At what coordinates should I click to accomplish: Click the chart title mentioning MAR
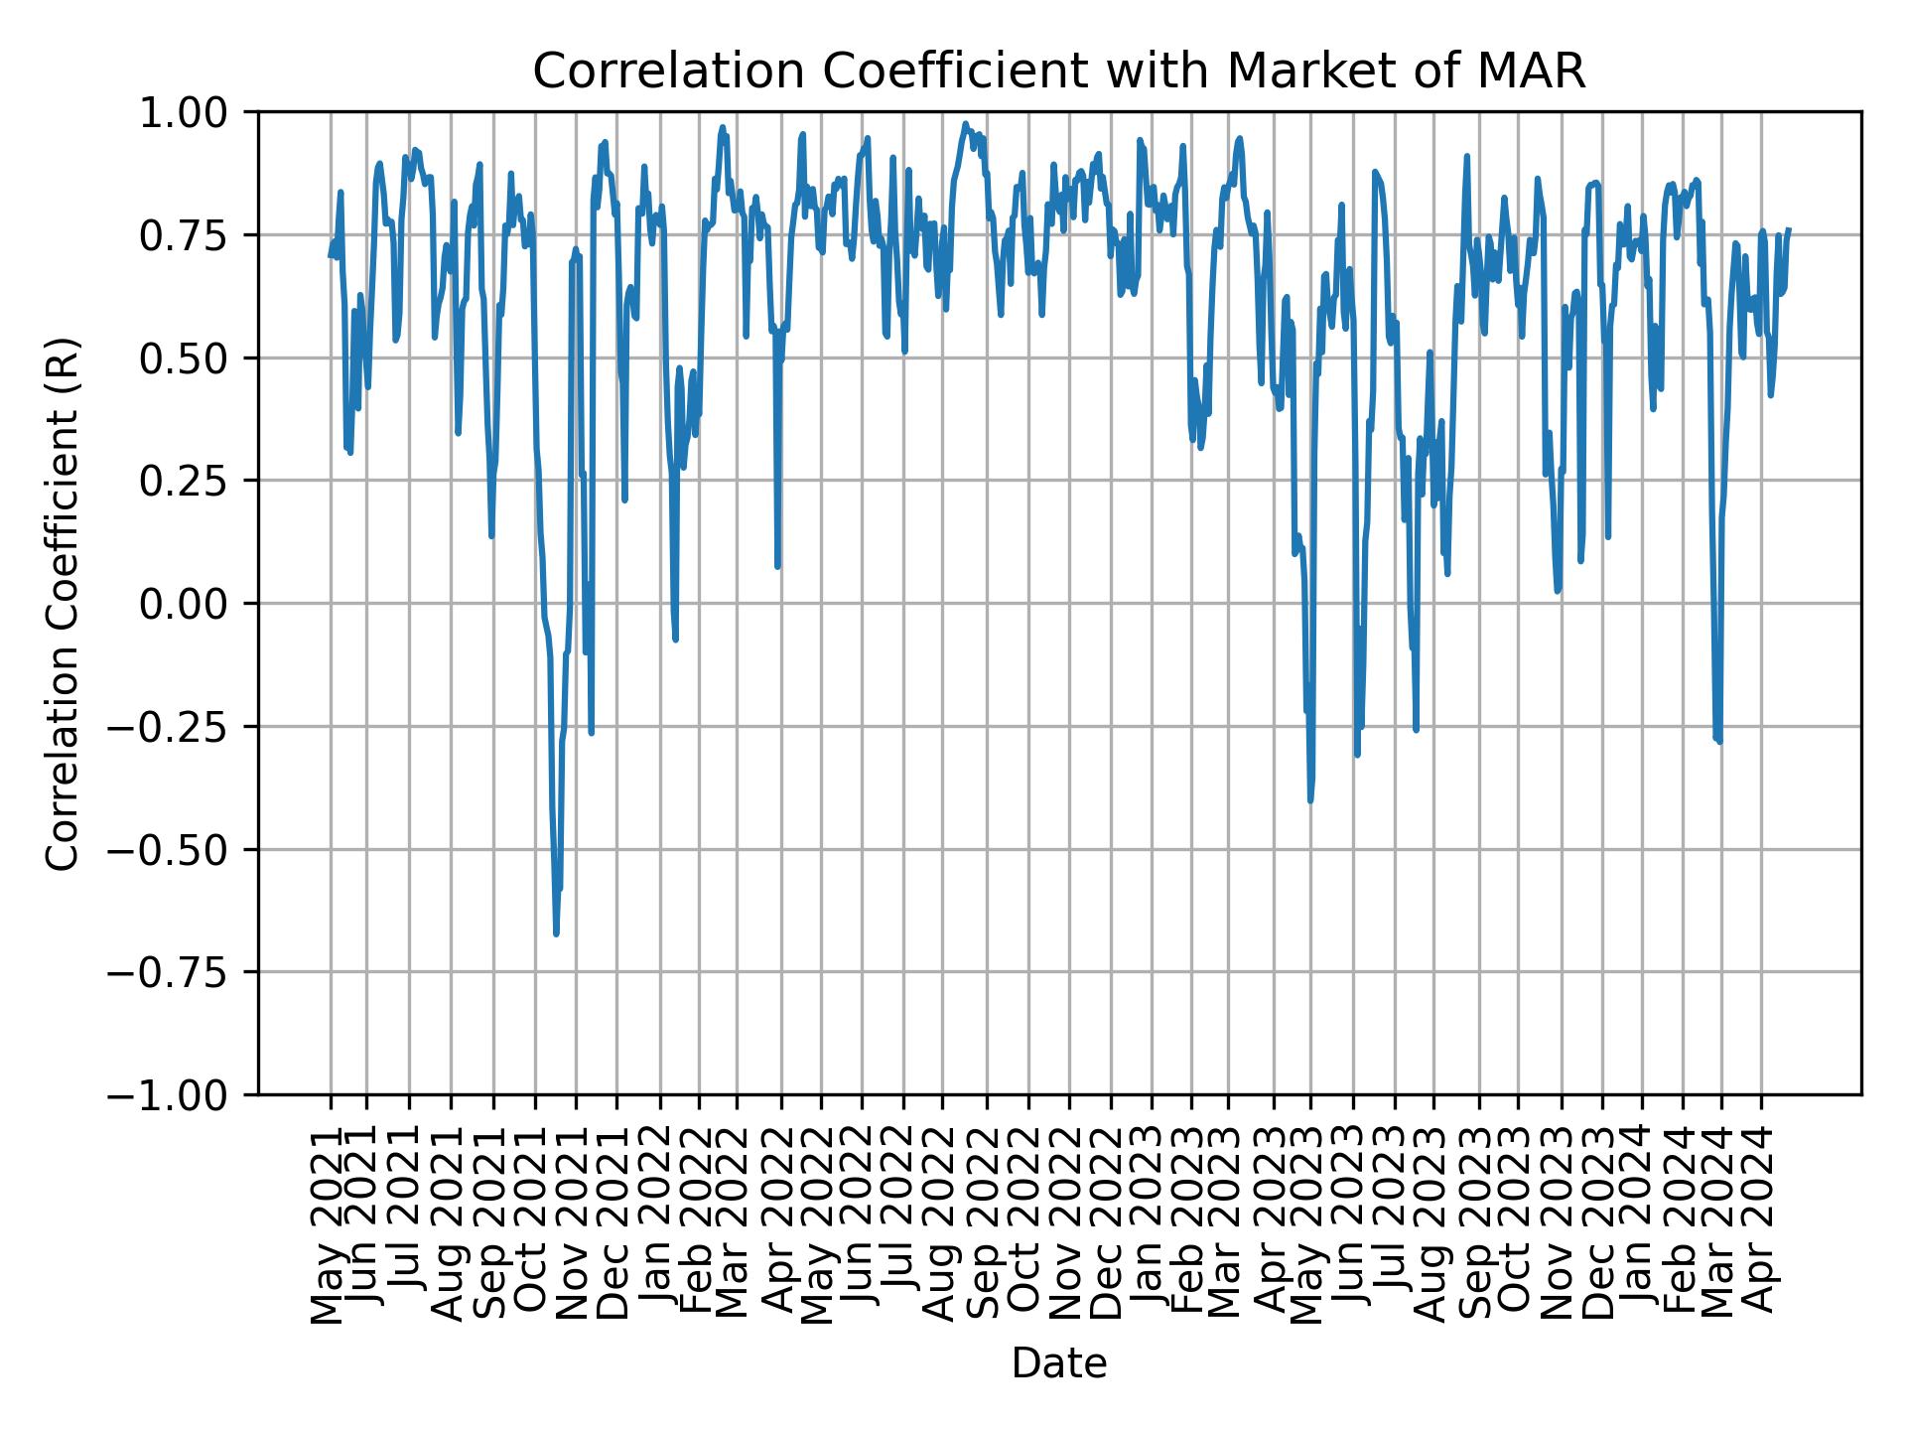click(1058, 71)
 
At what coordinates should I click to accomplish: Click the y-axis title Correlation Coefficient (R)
click(62, 603)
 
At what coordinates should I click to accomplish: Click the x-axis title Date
click(1058, 1364)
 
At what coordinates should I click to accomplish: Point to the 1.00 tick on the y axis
click(186, 112)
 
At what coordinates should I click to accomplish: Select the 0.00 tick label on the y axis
click(186, 604)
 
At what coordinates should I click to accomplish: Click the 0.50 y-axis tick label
click(186, 357)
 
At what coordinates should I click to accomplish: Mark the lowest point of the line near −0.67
click(556, 933)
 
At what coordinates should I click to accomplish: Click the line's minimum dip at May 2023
click(1310, 799)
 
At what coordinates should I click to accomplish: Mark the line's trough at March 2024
click(1718, 741)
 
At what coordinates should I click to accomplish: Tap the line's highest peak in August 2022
click(965, 124)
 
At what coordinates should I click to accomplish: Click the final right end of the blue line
click(1789, 229)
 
